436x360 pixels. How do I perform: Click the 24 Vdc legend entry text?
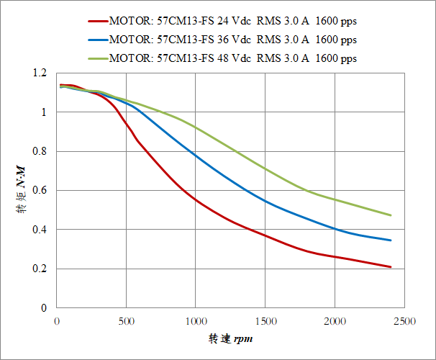click(232, 22)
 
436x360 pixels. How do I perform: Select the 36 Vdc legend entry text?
click(232, 40)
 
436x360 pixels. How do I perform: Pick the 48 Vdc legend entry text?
click(232, 58)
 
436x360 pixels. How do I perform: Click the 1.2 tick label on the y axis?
click(40, 73)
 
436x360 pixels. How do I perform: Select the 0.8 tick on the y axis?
click(40, 152)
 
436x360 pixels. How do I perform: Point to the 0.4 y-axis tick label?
click(40, 230)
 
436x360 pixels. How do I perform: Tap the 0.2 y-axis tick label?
click(40, 269)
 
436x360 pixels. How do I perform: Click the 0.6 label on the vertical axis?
click(40, 191)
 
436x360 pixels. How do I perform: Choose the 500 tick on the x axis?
click(126, 320)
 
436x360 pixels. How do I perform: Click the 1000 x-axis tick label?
click(196, 320)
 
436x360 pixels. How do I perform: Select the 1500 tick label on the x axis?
click(265, 320)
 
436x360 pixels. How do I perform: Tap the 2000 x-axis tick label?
click(335, 320)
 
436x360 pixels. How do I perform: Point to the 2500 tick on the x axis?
click(404, 320)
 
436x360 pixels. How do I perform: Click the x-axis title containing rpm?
click(230, 338)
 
